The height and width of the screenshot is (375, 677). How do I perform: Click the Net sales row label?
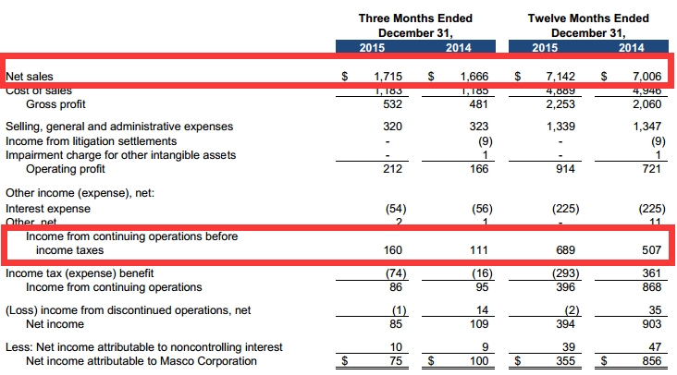26,77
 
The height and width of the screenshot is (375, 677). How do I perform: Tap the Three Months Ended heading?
415,18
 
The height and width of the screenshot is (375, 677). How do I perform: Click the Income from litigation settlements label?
91,140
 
